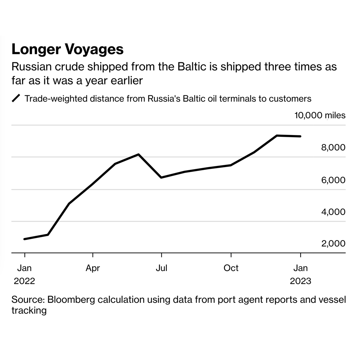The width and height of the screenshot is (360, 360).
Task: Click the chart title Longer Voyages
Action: [x=68, y=49]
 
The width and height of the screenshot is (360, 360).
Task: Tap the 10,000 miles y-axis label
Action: [x=320, y=116]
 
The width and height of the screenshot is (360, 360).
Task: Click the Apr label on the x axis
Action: [x=93, y=268]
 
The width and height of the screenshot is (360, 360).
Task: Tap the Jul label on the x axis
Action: [x=161, y=268]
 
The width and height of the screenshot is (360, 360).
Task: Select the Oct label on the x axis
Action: [x=231, y=268]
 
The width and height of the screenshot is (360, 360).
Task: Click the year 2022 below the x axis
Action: [x=24, y=281]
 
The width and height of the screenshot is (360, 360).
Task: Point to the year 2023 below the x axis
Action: [x=301, y=281]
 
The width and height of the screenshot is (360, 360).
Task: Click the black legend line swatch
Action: [x=17, y=98]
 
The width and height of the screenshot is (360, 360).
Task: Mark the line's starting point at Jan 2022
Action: [x=24, y=239]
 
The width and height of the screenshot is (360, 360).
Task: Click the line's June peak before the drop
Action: [x=139, y=154]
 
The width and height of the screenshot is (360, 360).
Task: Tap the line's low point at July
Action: [x=161, y=177]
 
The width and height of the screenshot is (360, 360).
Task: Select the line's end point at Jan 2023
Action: [x=301, y=136]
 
